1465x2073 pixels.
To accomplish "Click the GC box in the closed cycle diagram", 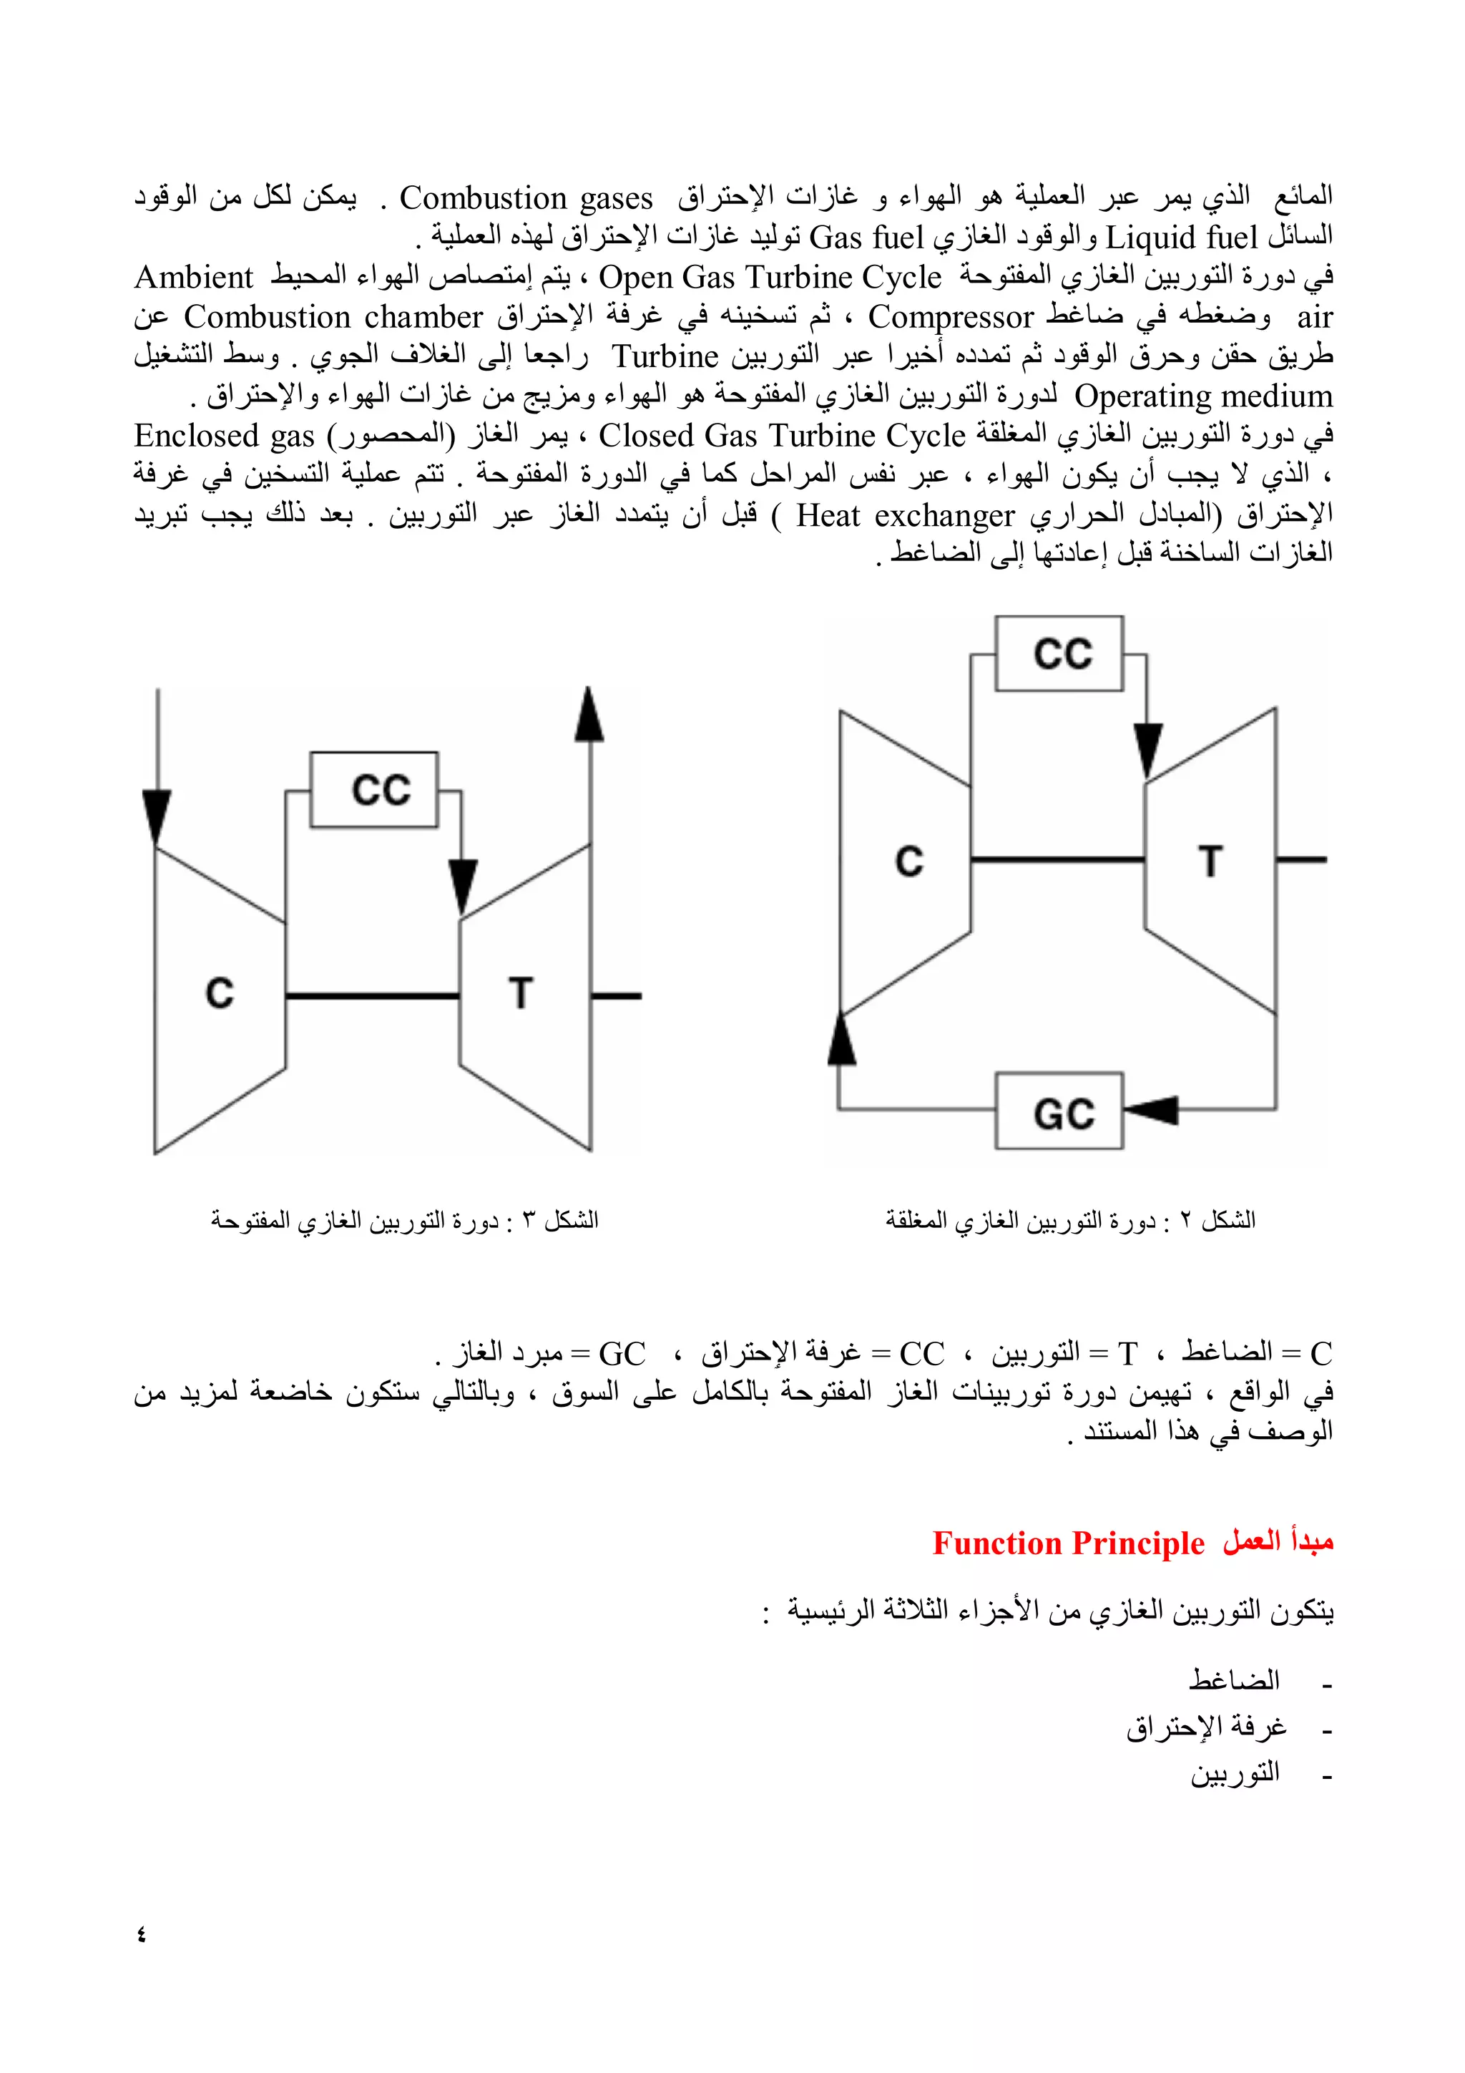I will [1059, 1111].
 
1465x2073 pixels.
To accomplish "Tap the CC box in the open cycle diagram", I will [373, 790].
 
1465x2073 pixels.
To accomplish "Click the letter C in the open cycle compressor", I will [220, 993].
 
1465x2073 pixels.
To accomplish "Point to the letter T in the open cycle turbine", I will [521, 993].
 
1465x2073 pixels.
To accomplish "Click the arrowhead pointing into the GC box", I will [1152, 1110].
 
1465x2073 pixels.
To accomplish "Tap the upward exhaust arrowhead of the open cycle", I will [589, 715].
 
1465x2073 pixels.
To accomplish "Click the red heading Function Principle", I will [1068, 1543].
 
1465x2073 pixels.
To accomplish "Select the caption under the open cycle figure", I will [404, 1221].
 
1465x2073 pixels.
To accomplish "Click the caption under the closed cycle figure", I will [1069, 1221].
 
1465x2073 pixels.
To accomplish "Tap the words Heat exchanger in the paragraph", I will [906, 515].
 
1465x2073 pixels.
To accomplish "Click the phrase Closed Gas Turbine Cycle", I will [782, 436].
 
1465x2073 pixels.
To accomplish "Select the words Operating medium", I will [1202, 396].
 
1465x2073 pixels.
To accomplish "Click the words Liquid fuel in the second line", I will [1182, 238].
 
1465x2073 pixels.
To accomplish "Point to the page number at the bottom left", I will [142, 1934].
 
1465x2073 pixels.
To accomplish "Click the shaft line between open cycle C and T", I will [373, 996].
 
